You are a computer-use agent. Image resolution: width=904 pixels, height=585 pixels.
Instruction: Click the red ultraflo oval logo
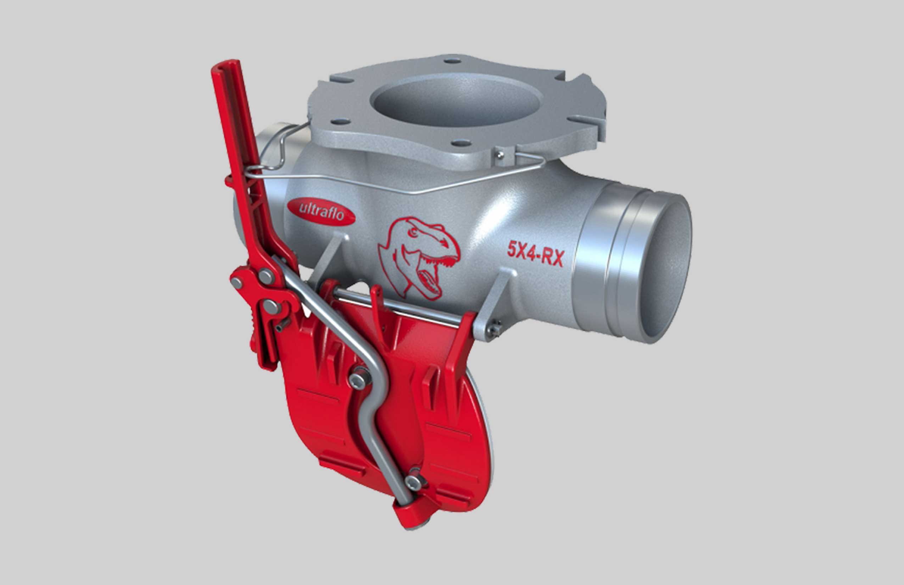click(321, 211)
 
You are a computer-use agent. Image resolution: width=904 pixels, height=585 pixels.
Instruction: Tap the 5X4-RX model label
click(536, 254)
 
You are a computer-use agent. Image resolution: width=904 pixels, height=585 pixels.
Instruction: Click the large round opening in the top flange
click(455, 100)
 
